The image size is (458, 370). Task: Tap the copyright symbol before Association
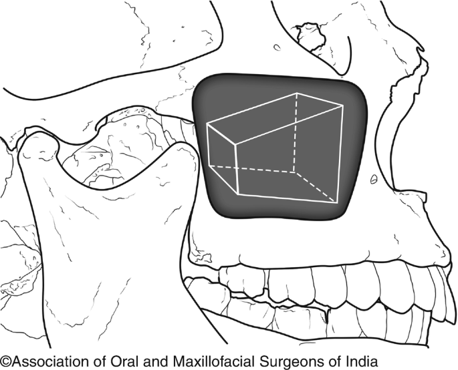click(6, 361)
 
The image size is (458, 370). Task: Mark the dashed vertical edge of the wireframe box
click(296, 130)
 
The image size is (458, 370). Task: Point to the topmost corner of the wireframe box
click(297, 94)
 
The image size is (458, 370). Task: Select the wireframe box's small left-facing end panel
click(222, 157)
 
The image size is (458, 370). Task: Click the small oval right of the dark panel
click(374, 180)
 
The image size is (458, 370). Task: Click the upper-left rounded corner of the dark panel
click(201, 85)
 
